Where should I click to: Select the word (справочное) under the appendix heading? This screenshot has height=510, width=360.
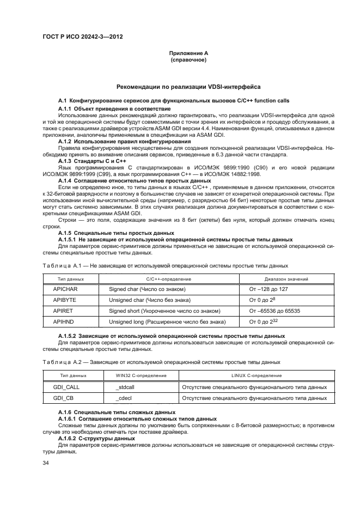coord(188,60)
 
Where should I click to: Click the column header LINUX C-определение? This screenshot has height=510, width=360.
coord(254,376)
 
